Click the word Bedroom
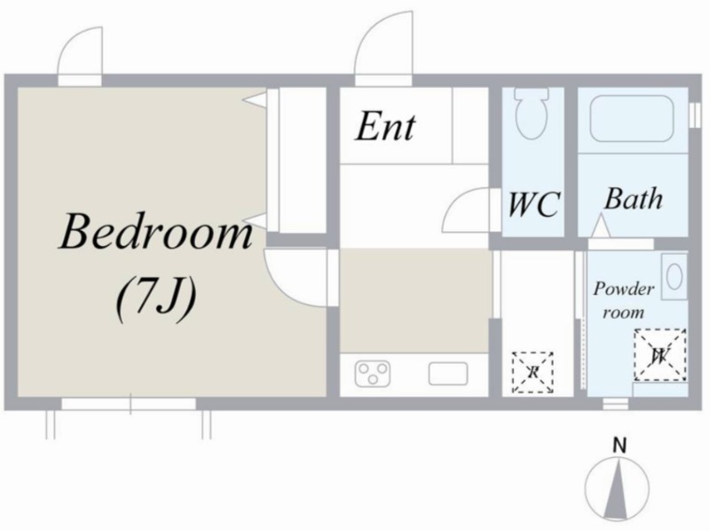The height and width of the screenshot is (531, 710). [x=156, y=232]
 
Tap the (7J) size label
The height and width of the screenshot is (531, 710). [x=156, y=299]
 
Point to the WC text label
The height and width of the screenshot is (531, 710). [x=534, y=204]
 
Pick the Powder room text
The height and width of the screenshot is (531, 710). [x=624, y=300]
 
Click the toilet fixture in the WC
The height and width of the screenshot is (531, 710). [x=532, y=114]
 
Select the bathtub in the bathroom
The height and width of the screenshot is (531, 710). [x=633, y=118]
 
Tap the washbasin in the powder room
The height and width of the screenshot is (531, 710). [x=674, y=276]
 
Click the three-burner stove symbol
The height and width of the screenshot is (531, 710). [x=373, y=373]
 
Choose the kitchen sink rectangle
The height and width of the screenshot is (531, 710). [x=448, y=374]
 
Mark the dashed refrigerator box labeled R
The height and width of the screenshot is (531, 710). [x=533, y=372]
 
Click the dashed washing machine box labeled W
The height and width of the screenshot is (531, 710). [x=659, y=355]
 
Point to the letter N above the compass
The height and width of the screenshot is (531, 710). [x=619, y=446]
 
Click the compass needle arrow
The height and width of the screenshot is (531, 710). [x=617, y=488]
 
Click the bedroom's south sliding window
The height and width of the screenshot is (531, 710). [x=129, y=404]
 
